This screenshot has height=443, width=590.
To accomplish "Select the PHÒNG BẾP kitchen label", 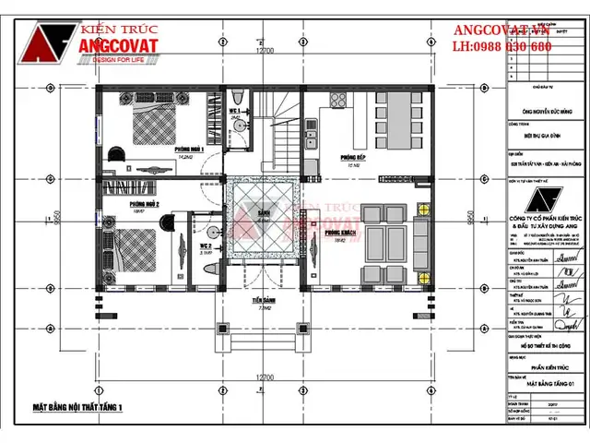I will click(x=353, y=157).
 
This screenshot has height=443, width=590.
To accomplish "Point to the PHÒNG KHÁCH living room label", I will click(x=341, y=233).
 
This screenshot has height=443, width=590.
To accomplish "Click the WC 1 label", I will click(x=235, y=111).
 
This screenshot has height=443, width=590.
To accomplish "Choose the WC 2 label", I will click(x=206, y=246).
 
